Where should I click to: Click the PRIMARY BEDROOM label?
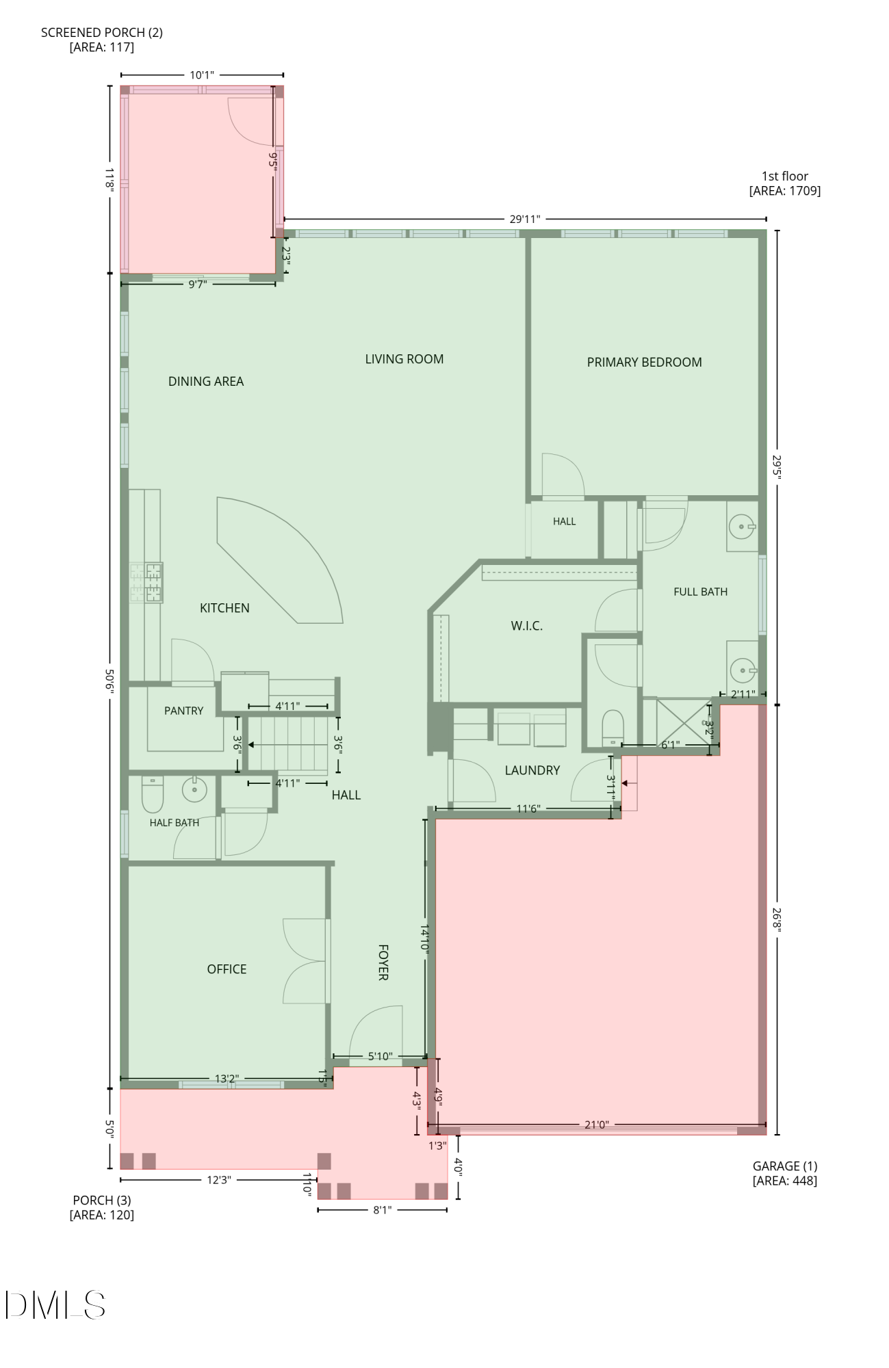(644, 363)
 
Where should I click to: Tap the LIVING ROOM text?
(404, 359)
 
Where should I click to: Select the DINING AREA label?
(206, 382)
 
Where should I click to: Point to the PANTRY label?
(183, 711)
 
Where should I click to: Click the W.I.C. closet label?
(526, 626)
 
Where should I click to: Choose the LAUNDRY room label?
(532, 770)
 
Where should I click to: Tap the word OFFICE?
(227, 969)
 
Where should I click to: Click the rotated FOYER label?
(383, 962)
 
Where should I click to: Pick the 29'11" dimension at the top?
(525, 219)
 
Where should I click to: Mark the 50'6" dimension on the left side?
(109, 680)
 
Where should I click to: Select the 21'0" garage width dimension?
(597, 1124)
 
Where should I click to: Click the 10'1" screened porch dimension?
(202, 75)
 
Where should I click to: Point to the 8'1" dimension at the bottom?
(383, 1210)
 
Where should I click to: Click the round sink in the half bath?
(194, 789)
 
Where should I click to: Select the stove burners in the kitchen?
(146, 583)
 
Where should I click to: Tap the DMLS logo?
(55, 1304)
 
